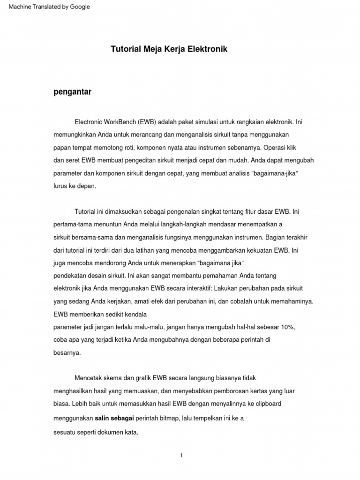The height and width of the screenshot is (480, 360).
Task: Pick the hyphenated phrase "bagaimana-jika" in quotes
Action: [275, 173]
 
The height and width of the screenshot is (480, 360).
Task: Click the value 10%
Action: [287, 327]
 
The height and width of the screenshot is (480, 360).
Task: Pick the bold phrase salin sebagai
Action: [115, 418]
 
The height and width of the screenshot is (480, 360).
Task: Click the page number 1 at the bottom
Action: [181, 456]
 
